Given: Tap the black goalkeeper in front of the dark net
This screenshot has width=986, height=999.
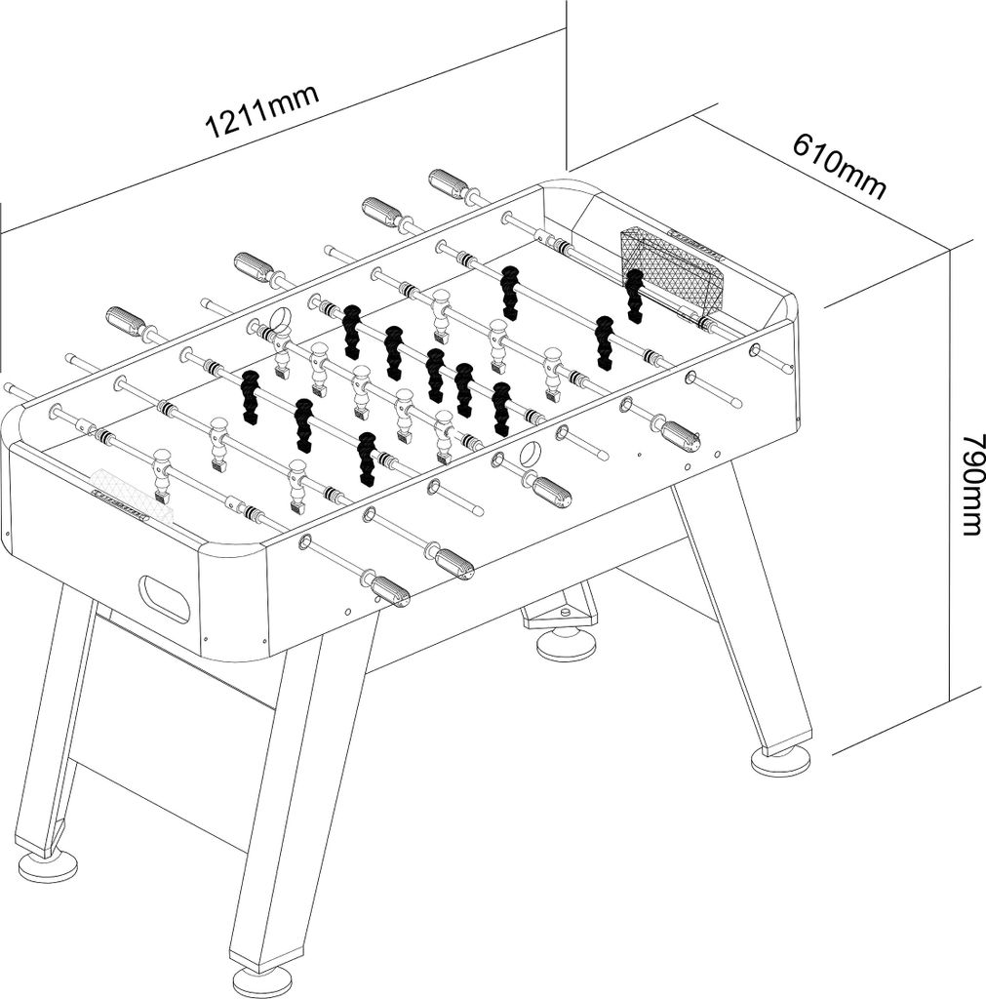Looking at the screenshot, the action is (x=634, y=295).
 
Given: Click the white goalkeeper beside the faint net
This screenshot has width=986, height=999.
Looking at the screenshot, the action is (x=161, y=474).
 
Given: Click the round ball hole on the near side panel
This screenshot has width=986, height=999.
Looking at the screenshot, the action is (x=530, y=454).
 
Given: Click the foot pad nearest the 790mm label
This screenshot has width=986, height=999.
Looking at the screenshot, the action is (x=781, y=760).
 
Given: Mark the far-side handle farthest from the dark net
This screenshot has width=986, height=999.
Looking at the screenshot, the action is (x=128, y=320).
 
